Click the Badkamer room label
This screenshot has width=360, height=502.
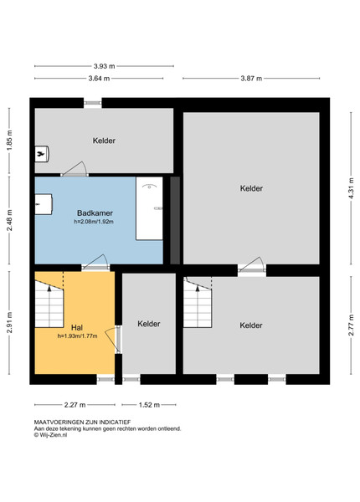pos(95,213)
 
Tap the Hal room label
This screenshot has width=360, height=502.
pos(77,327)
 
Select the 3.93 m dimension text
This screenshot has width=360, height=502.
pos(104,66)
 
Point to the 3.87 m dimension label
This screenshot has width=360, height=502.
pos(251,79)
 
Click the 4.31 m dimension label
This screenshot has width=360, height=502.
pos(352,188)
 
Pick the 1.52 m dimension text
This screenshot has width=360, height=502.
pos(149,405)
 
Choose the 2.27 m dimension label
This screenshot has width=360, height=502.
pos(75,405)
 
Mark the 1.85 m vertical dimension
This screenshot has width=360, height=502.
pos(9,141)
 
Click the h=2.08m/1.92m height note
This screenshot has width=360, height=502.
pos(94,222)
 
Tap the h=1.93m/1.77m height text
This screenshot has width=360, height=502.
pos(78,336)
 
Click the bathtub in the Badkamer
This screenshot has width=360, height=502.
pos(149,208)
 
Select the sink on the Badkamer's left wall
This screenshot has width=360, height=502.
pos(44,204)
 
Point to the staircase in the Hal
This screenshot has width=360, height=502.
pos(49,305)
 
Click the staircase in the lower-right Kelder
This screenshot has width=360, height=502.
pos(198,303)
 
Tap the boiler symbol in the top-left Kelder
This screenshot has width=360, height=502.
pos(42,154)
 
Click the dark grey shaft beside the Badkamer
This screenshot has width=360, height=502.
pos(175,220)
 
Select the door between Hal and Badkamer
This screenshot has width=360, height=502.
pos(95,263)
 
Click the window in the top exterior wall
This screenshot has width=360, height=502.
pos(93,103)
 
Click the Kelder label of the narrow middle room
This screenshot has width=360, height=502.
pos(149,324)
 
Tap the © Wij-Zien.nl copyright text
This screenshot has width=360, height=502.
pos(50,435)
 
